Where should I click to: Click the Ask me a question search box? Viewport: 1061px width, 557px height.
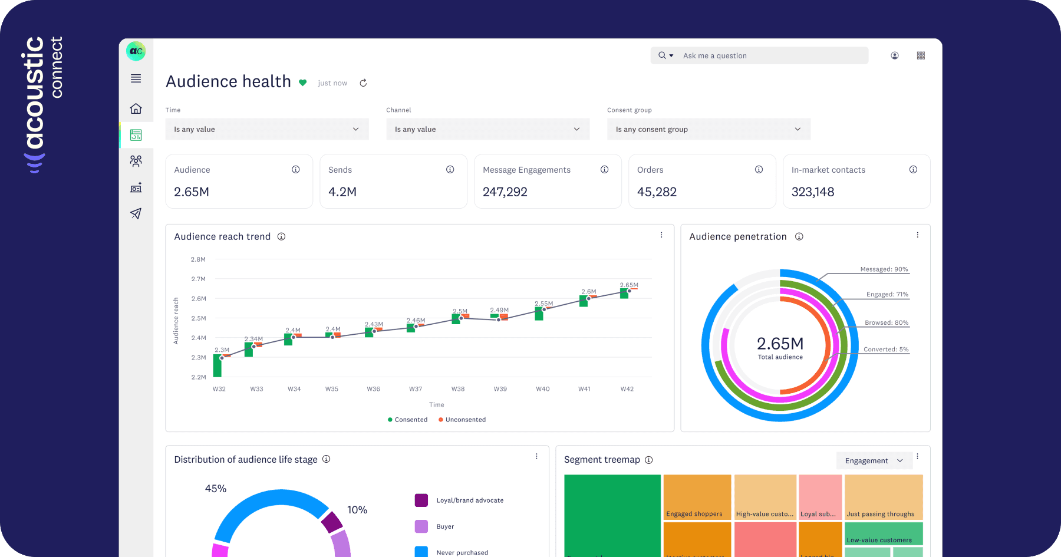[x=766, y=55]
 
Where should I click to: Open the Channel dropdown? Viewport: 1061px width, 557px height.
[x=487, y=129]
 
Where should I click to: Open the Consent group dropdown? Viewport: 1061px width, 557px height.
[x=709, y=129]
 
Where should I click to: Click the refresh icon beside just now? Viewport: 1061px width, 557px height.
[x=363, y=83]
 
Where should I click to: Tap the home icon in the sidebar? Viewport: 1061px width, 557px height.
[x=136, y=108]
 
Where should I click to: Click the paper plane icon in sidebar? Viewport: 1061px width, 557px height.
[x=136, y=213]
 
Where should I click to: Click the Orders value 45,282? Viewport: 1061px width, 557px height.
[x=657, y=192]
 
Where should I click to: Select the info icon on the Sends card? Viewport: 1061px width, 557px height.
[x=450, y=170]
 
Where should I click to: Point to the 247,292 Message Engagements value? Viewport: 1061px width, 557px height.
[x=505, y=192]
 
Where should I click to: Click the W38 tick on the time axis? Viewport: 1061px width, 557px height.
[x=458, y=389]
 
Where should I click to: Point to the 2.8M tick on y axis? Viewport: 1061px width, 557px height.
[x=198, y=259]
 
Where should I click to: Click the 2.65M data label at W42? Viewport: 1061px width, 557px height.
[x=629, y=285]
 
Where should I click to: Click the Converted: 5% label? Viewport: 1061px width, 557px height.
[x=885, y=350]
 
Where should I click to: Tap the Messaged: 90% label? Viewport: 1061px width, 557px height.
[x=884, y=269]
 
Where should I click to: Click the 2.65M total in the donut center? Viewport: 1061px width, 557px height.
[x=780, y=344]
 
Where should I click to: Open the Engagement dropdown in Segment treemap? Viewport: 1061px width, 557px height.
[x=874, y=460]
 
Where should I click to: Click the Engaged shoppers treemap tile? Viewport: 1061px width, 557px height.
[x=697, y=497]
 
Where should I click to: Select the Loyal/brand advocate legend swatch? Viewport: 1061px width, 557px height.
[x=421, y=500]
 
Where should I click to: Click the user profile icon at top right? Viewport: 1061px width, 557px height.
[x=894, y=55]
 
